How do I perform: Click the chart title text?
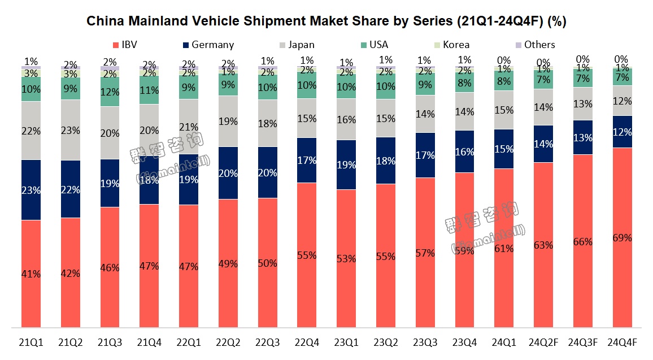[327, 22]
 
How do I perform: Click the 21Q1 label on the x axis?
[31, 342]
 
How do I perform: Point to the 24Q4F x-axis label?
[622, 342]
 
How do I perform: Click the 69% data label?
[622, 238]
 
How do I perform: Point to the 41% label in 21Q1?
[31, 274]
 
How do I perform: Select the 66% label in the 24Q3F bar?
[582, 242]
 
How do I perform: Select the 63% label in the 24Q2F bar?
[543, 245]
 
